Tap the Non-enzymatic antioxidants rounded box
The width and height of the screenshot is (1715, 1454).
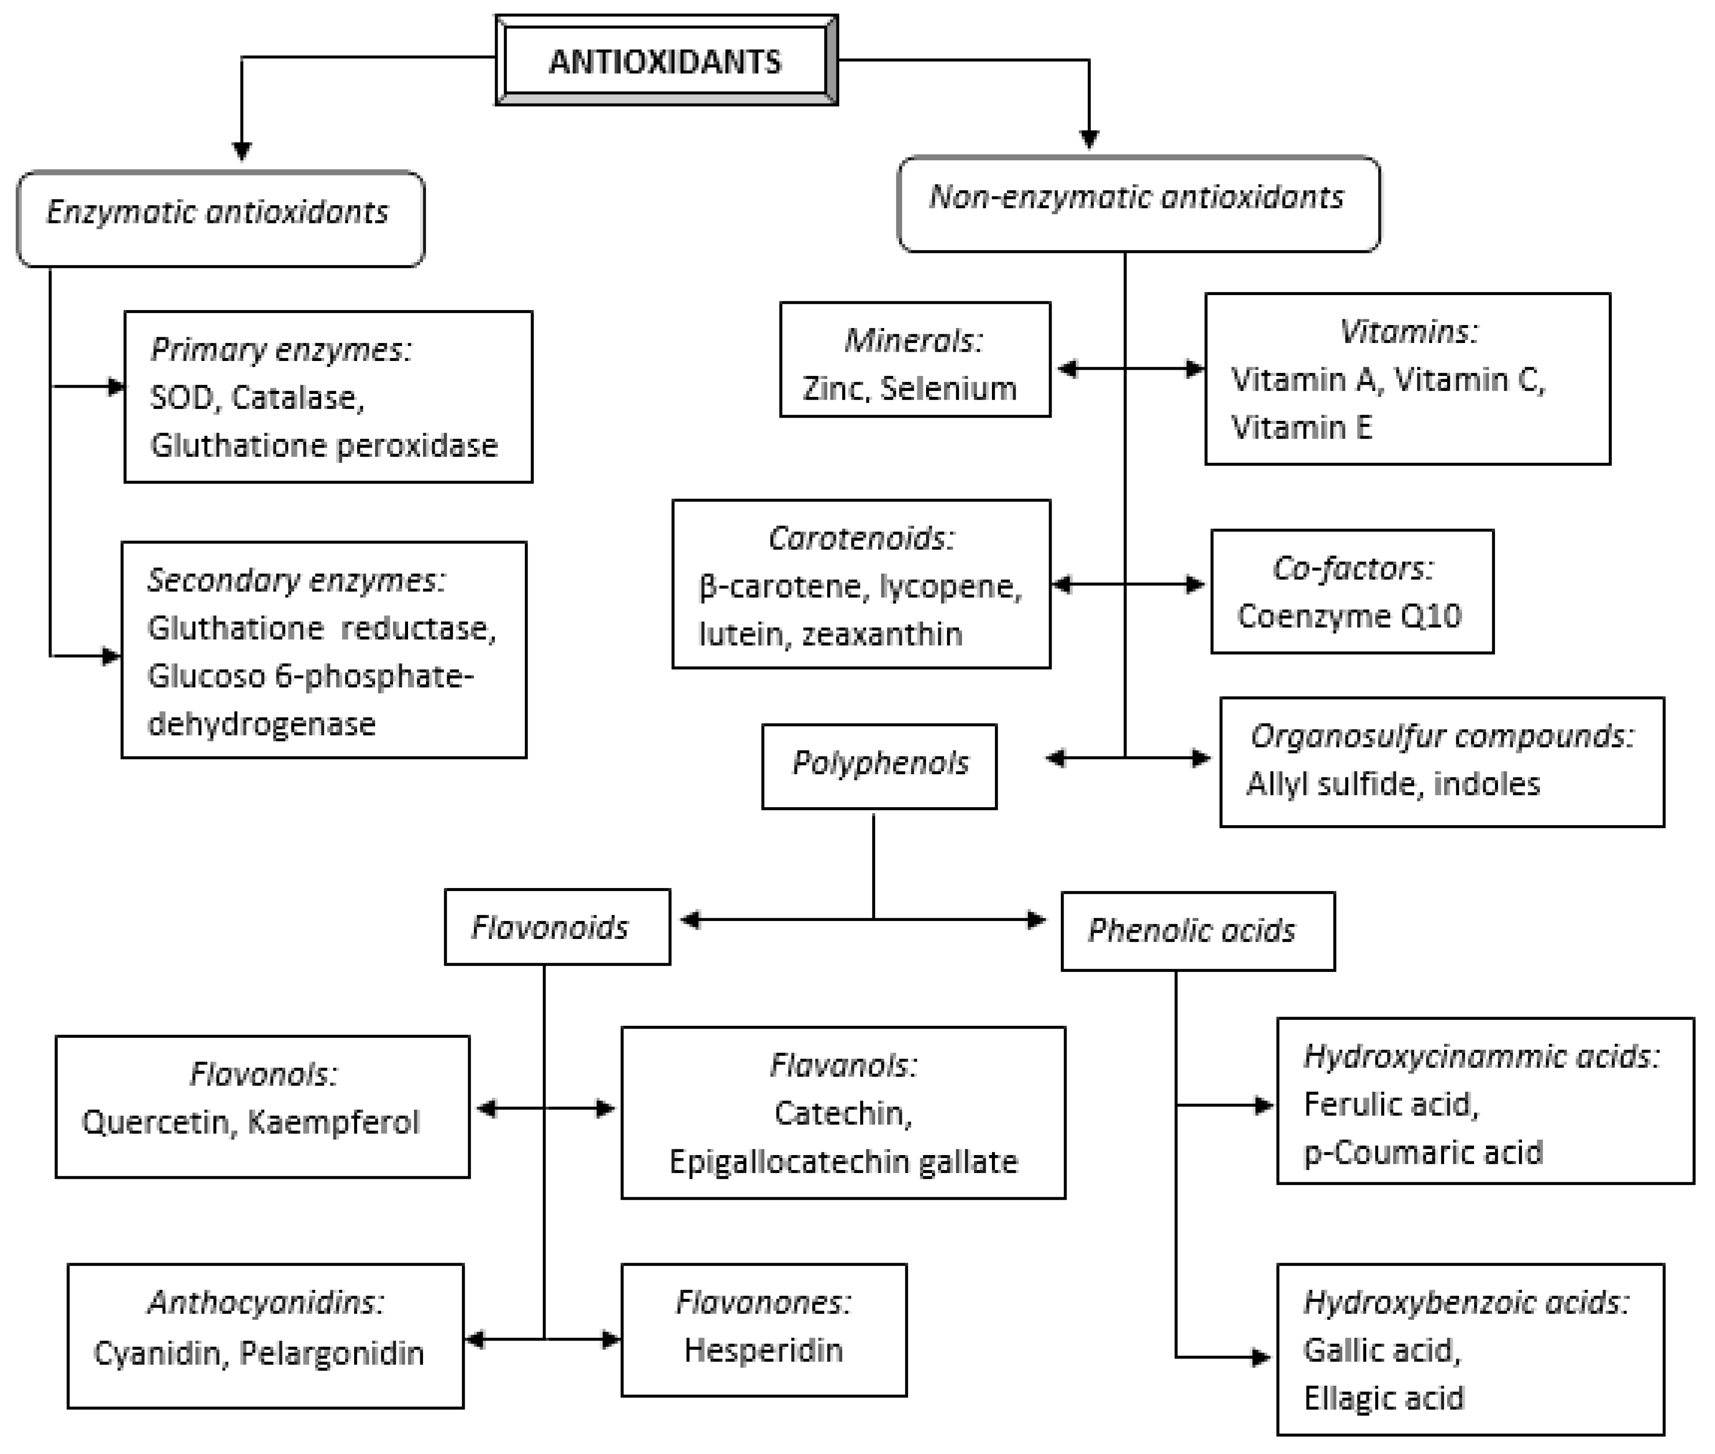pyautogui.click(x=1138, y=203)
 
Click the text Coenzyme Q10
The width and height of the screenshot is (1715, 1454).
pyautogui.click(x=1350, y=616)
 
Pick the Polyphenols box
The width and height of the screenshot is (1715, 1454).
pyautogui.click(x=879, y=765)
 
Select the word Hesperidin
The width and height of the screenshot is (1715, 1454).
pyautogui.click(x=764, y=1350)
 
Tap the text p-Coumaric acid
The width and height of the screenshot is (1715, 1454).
pyautogui.click(x=1422, y=1152)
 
